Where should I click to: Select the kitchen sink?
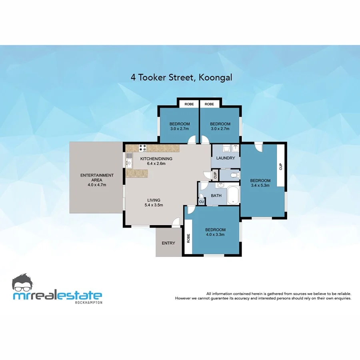(x=129, y=163)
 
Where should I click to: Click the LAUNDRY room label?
(x=225, y=158)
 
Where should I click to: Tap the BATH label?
(x=216, y=196)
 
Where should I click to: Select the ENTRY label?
(x=168, y=243)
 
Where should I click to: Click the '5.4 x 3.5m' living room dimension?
(x=154, y=205)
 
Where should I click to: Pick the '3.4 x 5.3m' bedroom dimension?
(x=260, y=185)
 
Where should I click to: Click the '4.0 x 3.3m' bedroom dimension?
(x=215, y=235)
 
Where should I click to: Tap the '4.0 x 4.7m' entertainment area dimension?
(x=97, y=185)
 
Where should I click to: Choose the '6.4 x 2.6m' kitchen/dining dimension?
(x=156, y=164)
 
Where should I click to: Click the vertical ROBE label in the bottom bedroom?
(x=188, y=239)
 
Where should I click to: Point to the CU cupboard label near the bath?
(x=201, y=202)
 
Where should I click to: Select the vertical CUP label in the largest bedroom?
(x=281, y=166)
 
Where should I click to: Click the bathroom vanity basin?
(x=220, y=186)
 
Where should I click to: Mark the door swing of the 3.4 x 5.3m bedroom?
(x=258, y=148)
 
